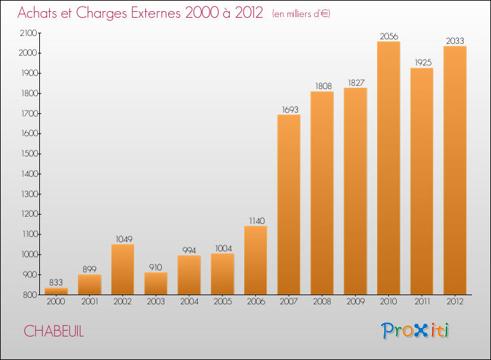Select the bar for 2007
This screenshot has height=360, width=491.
289,205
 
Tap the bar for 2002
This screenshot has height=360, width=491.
122,270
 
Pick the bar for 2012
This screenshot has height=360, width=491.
455,170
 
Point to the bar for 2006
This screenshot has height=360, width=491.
255,261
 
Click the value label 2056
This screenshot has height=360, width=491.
388,36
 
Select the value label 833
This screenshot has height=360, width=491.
56,282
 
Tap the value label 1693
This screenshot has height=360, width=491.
289,109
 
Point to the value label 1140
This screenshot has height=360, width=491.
255,221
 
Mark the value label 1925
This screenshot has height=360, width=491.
422,63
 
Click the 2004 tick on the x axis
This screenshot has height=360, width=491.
189,302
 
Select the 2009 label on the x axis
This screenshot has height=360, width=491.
355,302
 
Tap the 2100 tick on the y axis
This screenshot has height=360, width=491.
29,33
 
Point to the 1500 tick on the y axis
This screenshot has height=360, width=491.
29,154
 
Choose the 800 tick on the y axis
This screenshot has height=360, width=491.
30,295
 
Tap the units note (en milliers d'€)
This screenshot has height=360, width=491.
301,14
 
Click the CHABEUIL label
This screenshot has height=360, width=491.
54,331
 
